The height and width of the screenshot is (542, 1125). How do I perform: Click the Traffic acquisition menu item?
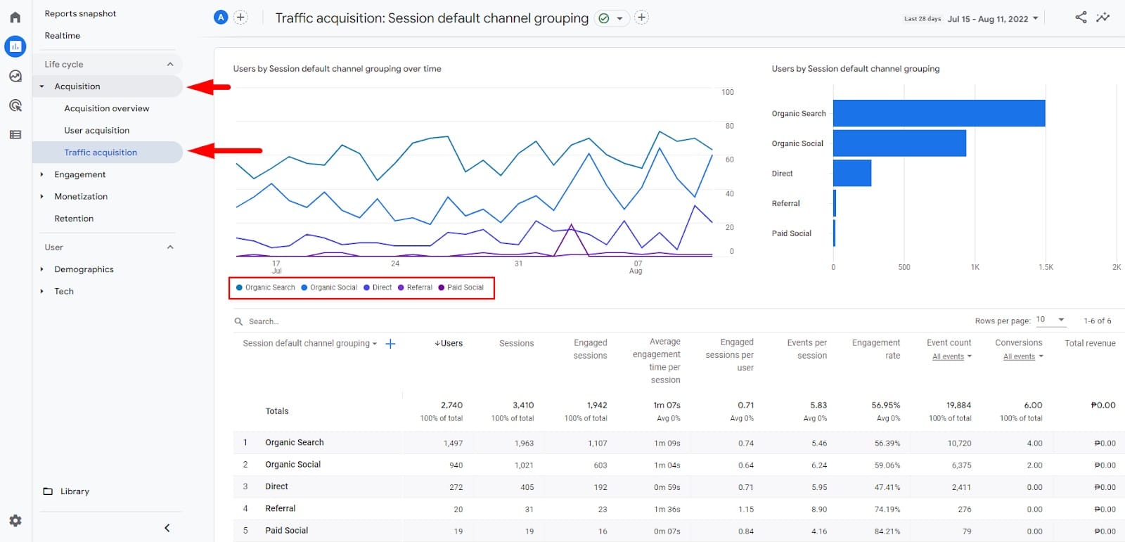click(101, 153)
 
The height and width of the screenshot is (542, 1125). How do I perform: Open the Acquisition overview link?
click(106, 108)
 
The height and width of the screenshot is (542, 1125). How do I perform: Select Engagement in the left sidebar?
click(79, 174)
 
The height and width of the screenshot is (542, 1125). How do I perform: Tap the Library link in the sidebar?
click(74, 491)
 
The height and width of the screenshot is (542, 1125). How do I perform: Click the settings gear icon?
click(15, 521)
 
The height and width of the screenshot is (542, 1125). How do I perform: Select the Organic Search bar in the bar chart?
click(939, 113)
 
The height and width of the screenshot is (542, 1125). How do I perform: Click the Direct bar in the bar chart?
click(852, 173)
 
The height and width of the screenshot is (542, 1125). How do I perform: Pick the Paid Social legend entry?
click(465, 288)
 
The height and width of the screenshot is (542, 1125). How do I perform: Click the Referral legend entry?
click(419, 288)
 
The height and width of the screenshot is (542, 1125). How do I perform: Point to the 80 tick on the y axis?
click(729, 127)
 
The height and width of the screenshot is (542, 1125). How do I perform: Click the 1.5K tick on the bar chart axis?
click(1046, 267)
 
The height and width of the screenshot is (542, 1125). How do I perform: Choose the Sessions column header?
click(516, 344)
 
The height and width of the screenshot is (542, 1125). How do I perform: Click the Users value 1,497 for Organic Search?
click(453, 444)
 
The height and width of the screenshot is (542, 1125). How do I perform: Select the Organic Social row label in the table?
click(292, 465)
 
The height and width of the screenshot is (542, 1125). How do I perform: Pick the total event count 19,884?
click(958, 406)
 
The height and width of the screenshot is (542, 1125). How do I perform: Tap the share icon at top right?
click(1081, 18)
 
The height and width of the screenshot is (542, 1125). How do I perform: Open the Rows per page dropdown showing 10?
click(1051, 320)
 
